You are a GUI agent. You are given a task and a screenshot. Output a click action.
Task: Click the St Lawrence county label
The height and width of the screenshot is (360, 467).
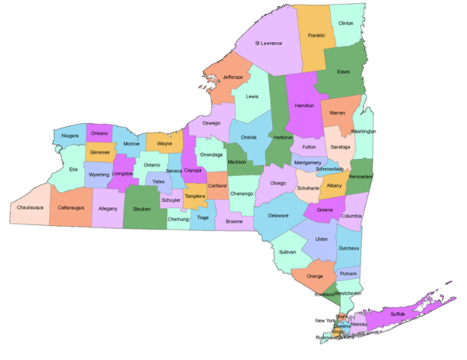coord(268,43)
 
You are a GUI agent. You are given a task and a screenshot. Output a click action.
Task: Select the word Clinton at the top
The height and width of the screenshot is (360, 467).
coord(346,23)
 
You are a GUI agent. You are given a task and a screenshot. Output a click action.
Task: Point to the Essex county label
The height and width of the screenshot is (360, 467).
coord(344,72)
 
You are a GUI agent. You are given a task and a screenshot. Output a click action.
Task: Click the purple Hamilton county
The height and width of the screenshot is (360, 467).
coord(304,106)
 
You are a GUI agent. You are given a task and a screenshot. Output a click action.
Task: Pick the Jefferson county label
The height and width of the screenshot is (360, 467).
coord(232,77)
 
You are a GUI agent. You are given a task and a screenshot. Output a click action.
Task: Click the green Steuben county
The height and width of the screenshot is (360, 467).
coord(142,209)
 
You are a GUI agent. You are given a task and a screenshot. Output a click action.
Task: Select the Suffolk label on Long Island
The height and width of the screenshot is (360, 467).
coord(397,313)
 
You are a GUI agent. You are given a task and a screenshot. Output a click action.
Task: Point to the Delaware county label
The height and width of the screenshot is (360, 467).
coord(278,216)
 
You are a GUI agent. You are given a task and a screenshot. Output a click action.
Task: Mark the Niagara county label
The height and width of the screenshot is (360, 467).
coord(70,136)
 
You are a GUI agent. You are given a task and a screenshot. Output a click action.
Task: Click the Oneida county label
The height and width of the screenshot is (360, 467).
coord(248,137)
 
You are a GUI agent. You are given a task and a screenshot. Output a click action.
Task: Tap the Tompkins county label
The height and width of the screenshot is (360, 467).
coord(196,196)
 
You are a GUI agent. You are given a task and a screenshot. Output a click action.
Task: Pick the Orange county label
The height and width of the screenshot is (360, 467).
coord(315,277)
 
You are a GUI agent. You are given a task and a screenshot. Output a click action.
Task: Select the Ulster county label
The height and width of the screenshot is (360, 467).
coord(322,239)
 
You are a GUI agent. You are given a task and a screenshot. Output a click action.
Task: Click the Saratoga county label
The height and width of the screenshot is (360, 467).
coord(340,147)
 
